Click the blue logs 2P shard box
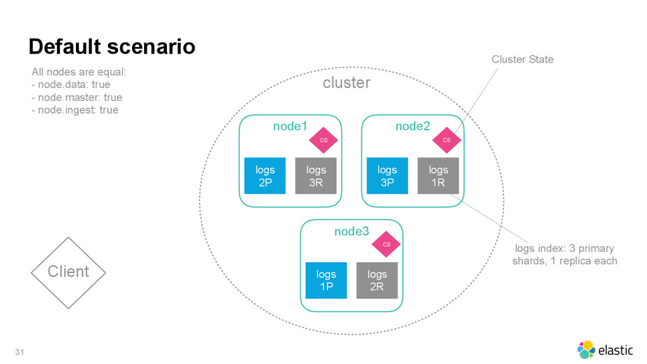click(x=265, y=176)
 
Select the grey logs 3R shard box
click(x=316, y=176)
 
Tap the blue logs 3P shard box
click(x=387, y=176)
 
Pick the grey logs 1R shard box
click(x=438, y=176)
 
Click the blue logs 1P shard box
click(x=326, y=280)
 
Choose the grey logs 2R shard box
click(x=377, y=280)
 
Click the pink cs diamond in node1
click(x=323, y=140)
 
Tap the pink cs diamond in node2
click(x=447, y=140)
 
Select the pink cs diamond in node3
click(x=386, y=245)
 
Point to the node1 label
click(x=290, y=126)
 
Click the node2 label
click(x=413, y=126)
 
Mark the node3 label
click(x=351, y=231)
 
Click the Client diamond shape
click(x=68, y=273)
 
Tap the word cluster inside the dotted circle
click(x=347, y=83)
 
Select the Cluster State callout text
click(x=523, y=59)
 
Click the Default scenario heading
click(x=112, y=46)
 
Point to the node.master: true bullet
click(x=76, y=97)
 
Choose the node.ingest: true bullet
click(x=75, y=110)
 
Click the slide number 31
click(x=20, y=352)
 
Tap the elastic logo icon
click(x=586, y=349)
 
